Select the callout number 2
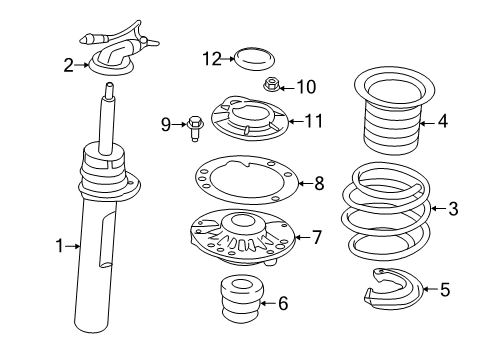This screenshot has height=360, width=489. (68, 66)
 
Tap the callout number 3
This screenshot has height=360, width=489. (453, 209)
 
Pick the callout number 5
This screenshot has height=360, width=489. (444, 290)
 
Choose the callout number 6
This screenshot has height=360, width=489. (283, 303)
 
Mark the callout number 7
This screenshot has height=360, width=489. (317, 237)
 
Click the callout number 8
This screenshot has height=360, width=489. (319, 183)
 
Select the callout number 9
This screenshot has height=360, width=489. (166, 124)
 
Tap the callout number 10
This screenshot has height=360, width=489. (305, 87)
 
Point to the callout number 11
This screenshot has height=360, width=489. (314, 122)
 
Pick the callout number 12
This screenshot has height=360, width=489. (210, 59)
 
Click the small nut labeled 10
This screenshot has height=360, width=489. (271, 88)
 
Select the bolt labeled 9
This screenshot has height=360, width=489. (194, 124)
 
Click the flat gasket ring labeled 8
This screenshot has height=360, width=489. (246, 182)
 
